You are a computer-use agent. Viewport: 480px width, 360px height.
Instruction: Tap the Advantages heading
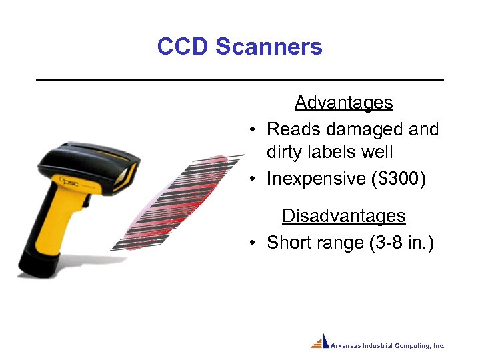[343, 103]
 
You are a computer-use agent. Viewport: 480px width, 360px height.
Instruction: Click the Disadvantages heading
[343, 216]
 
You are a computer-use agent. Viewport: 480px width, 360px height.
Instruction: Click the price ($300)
[403, 179]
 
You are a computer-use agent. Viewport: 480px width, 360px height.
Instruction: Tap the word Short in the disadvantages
[289, 243]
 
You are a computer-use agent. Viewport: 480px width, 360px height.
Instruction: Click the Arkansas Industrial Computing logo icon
[321, 341]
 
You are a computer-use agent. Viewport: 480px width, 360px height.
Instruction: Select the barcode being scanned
[175, 200]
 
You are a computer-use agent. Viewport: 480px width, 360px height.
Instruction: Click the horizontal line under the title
[239, 80]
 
